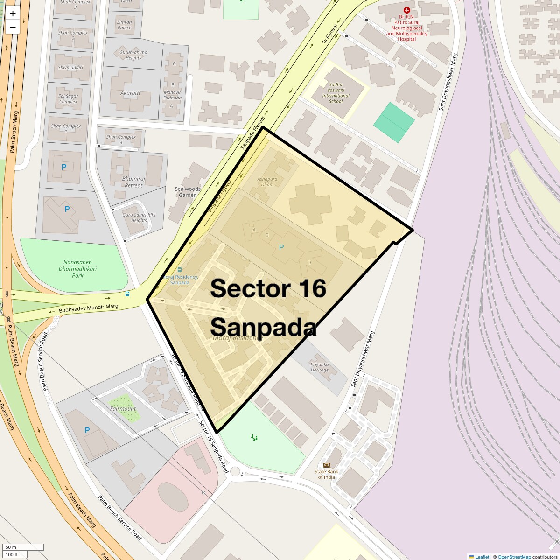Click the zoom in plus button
point(13,14)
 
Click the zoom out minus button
point(13,28)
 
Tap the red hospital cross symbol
point(407,10)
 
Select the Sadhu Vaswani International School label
point(336,93)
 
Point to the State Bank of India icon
point(326,465)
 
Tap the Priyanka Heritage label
point(320,367)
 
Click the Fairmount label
point(123,409)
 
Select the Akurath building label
point(130,93)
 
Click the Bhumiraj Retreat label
point(133,182)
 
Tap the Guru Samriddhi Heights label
point(139,217)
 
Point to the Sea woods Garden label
point(188,192)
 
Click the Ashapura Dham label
point(267,182)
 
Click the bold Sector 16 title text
point(268,288)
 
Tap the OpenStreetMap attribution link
point(514,557)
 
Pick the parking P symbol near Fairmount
point(87,430)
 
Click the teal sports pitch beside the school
point(394,123)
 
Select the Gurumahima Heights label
point(133,55)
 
